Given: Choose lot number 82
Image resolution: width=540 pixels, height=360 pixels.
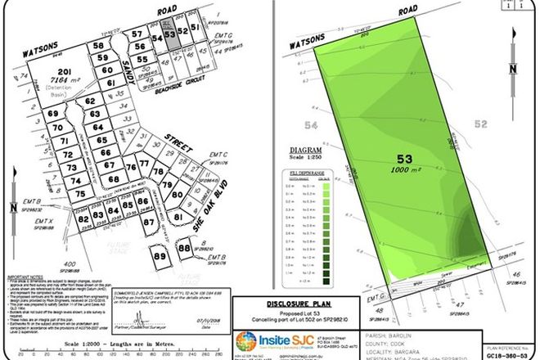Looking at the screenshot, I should [82, 214].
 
